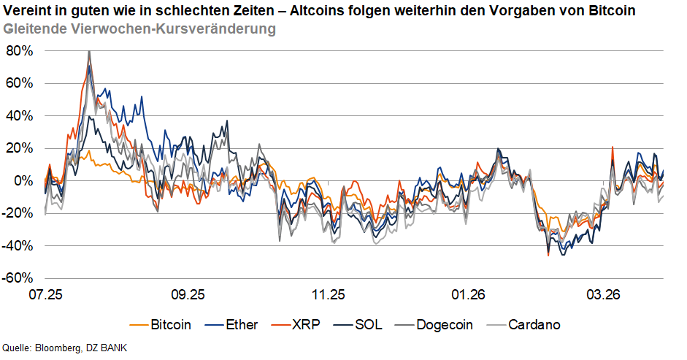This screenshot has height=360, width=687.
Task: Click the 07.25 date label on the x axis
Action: pos(46,296)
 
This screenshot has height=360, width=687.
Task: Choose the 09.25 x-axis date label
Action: pos(187,296)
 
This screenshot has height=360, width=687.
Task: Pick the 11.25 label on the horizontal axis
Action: pos(328,296)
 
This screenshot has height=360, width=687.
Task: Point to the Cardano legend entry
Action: pos(534,324)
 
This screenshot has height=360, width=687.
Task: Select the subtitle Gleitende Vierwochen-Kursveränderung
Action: pos(139,29)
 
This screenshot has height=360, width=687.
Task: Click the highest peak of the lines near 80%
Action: pos(89,52)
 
